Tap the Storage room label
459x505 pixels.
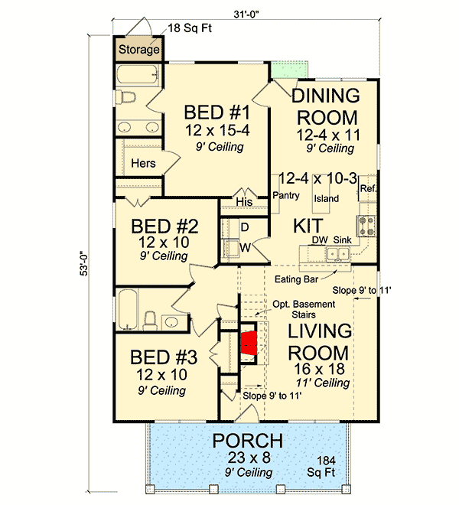pos(138,50)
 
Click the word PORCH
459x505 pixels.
pos(248,441)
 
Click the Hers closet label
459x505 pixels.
pos(143,163)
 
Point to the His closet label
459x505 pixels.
pos(244,202)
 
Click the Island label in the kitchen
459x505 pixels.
pos(326,198)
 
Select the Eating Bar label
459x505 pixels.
pos(294,279)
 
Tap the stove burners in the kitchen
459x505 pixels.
pos(366,225)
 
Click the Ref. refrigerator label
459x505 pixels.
pos(368,188)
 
